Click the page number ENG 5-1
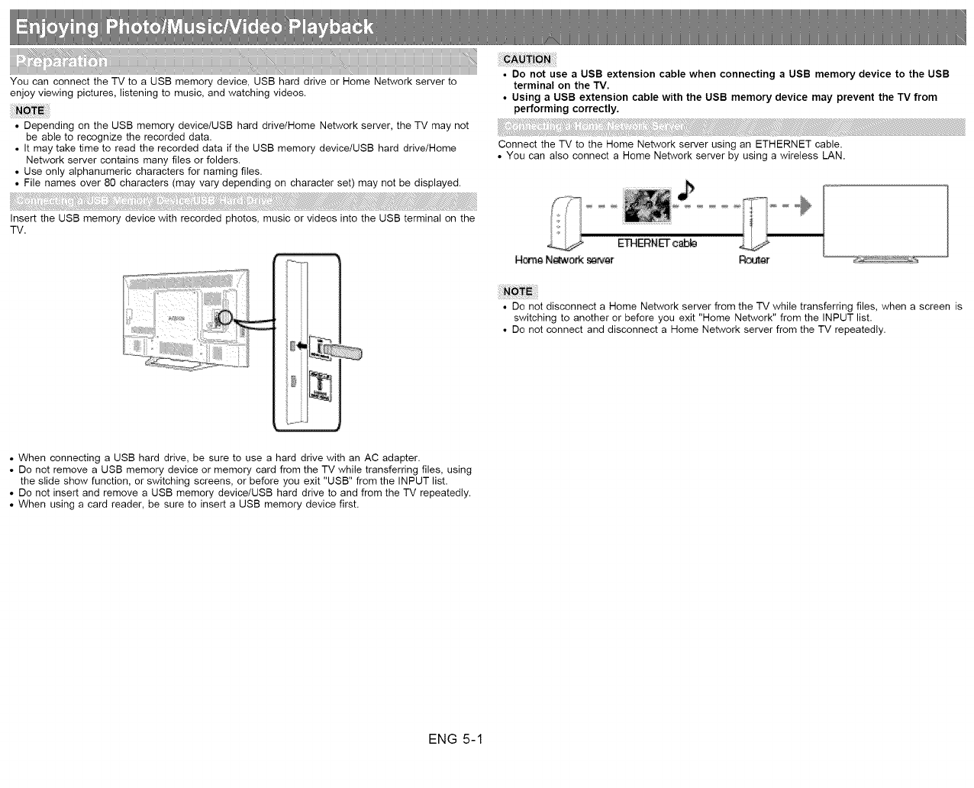pos(456,739)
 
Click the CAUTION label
pos(527,60)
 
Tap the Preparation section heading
pos(63,62)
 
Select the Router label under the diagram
pos(754,260)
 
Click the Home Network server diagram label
pos(564,260)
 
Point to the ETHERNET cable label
pos(656,244)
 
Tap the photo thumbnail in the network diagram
pos(647,205)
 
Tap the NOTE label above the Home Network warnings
pos(518,291)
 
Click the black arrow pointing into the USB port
pos(302,346)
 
